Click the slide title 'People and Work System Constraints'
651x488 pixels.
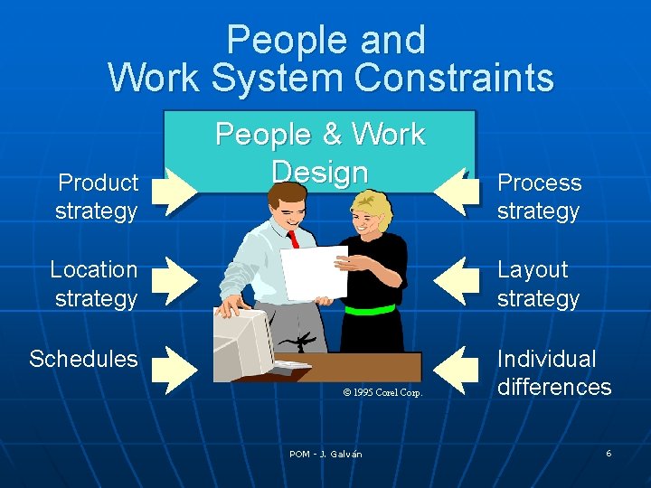coord(330,59)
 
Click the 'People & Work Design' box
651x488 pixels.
coord(319,152)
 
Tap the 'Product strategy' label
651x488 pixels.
coord(97,197)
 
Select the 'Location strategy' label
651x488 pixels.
coord(94,283)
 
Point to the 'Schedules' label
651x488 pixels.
coord(83,359)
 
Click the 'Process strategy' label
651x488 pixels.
coord(539,197)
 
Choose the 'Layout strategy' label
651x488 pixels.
coord(537,283)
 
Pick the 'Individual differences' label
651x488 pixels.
coord(553,372)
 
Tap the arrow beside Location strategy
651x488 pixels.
coord(174,279)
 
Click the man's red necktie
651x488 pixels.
coord(292,239)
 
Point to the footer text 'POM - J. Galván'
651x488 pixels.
coord(325,454)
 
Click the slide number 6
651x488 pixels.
coord(609,453)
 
